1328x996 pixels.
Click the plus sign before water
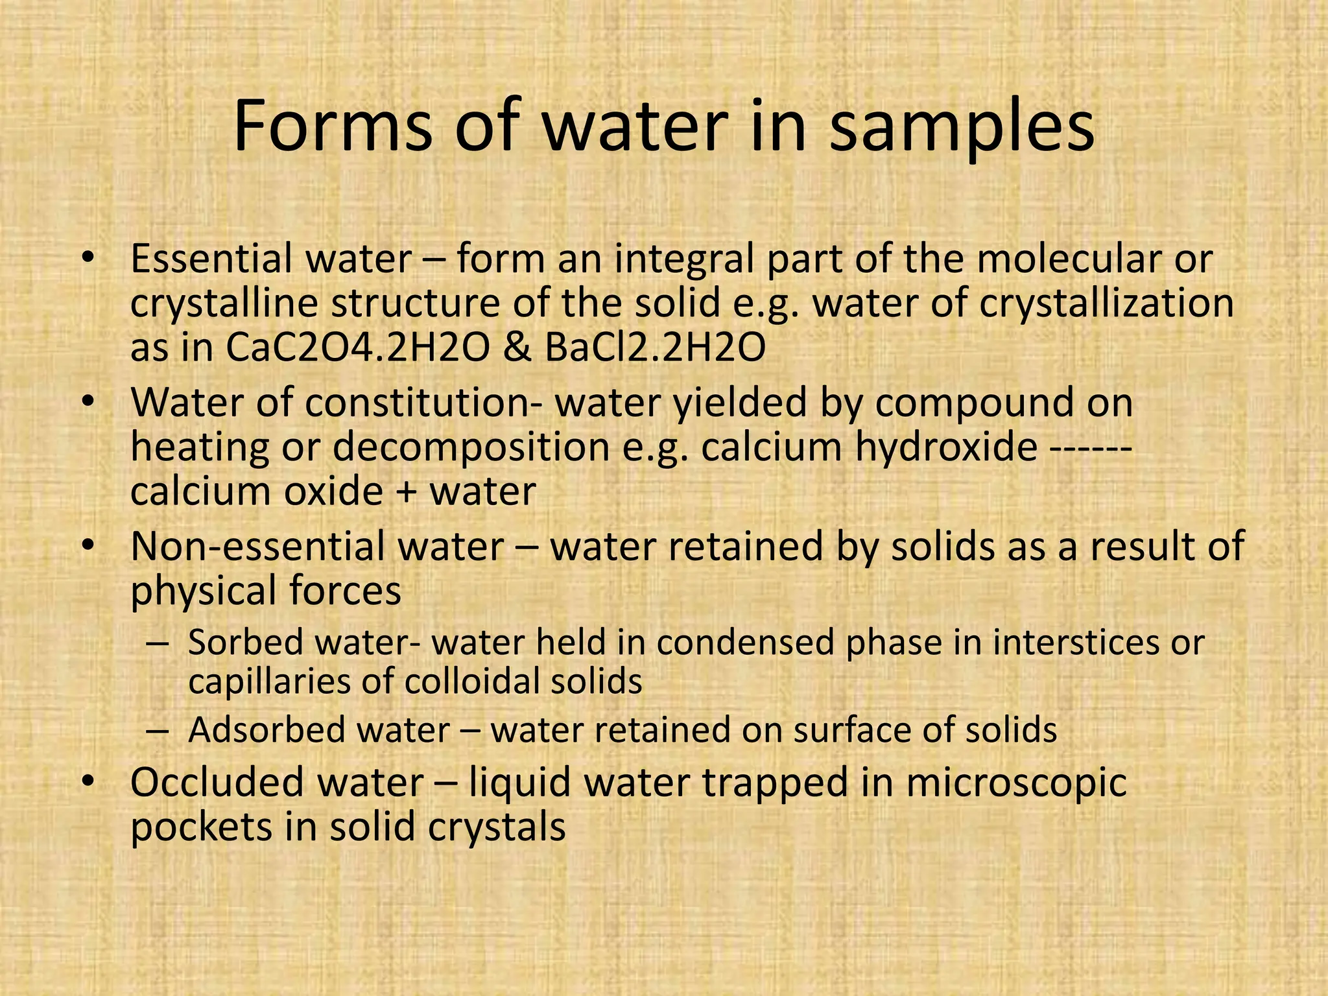[x=407, y=492]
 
